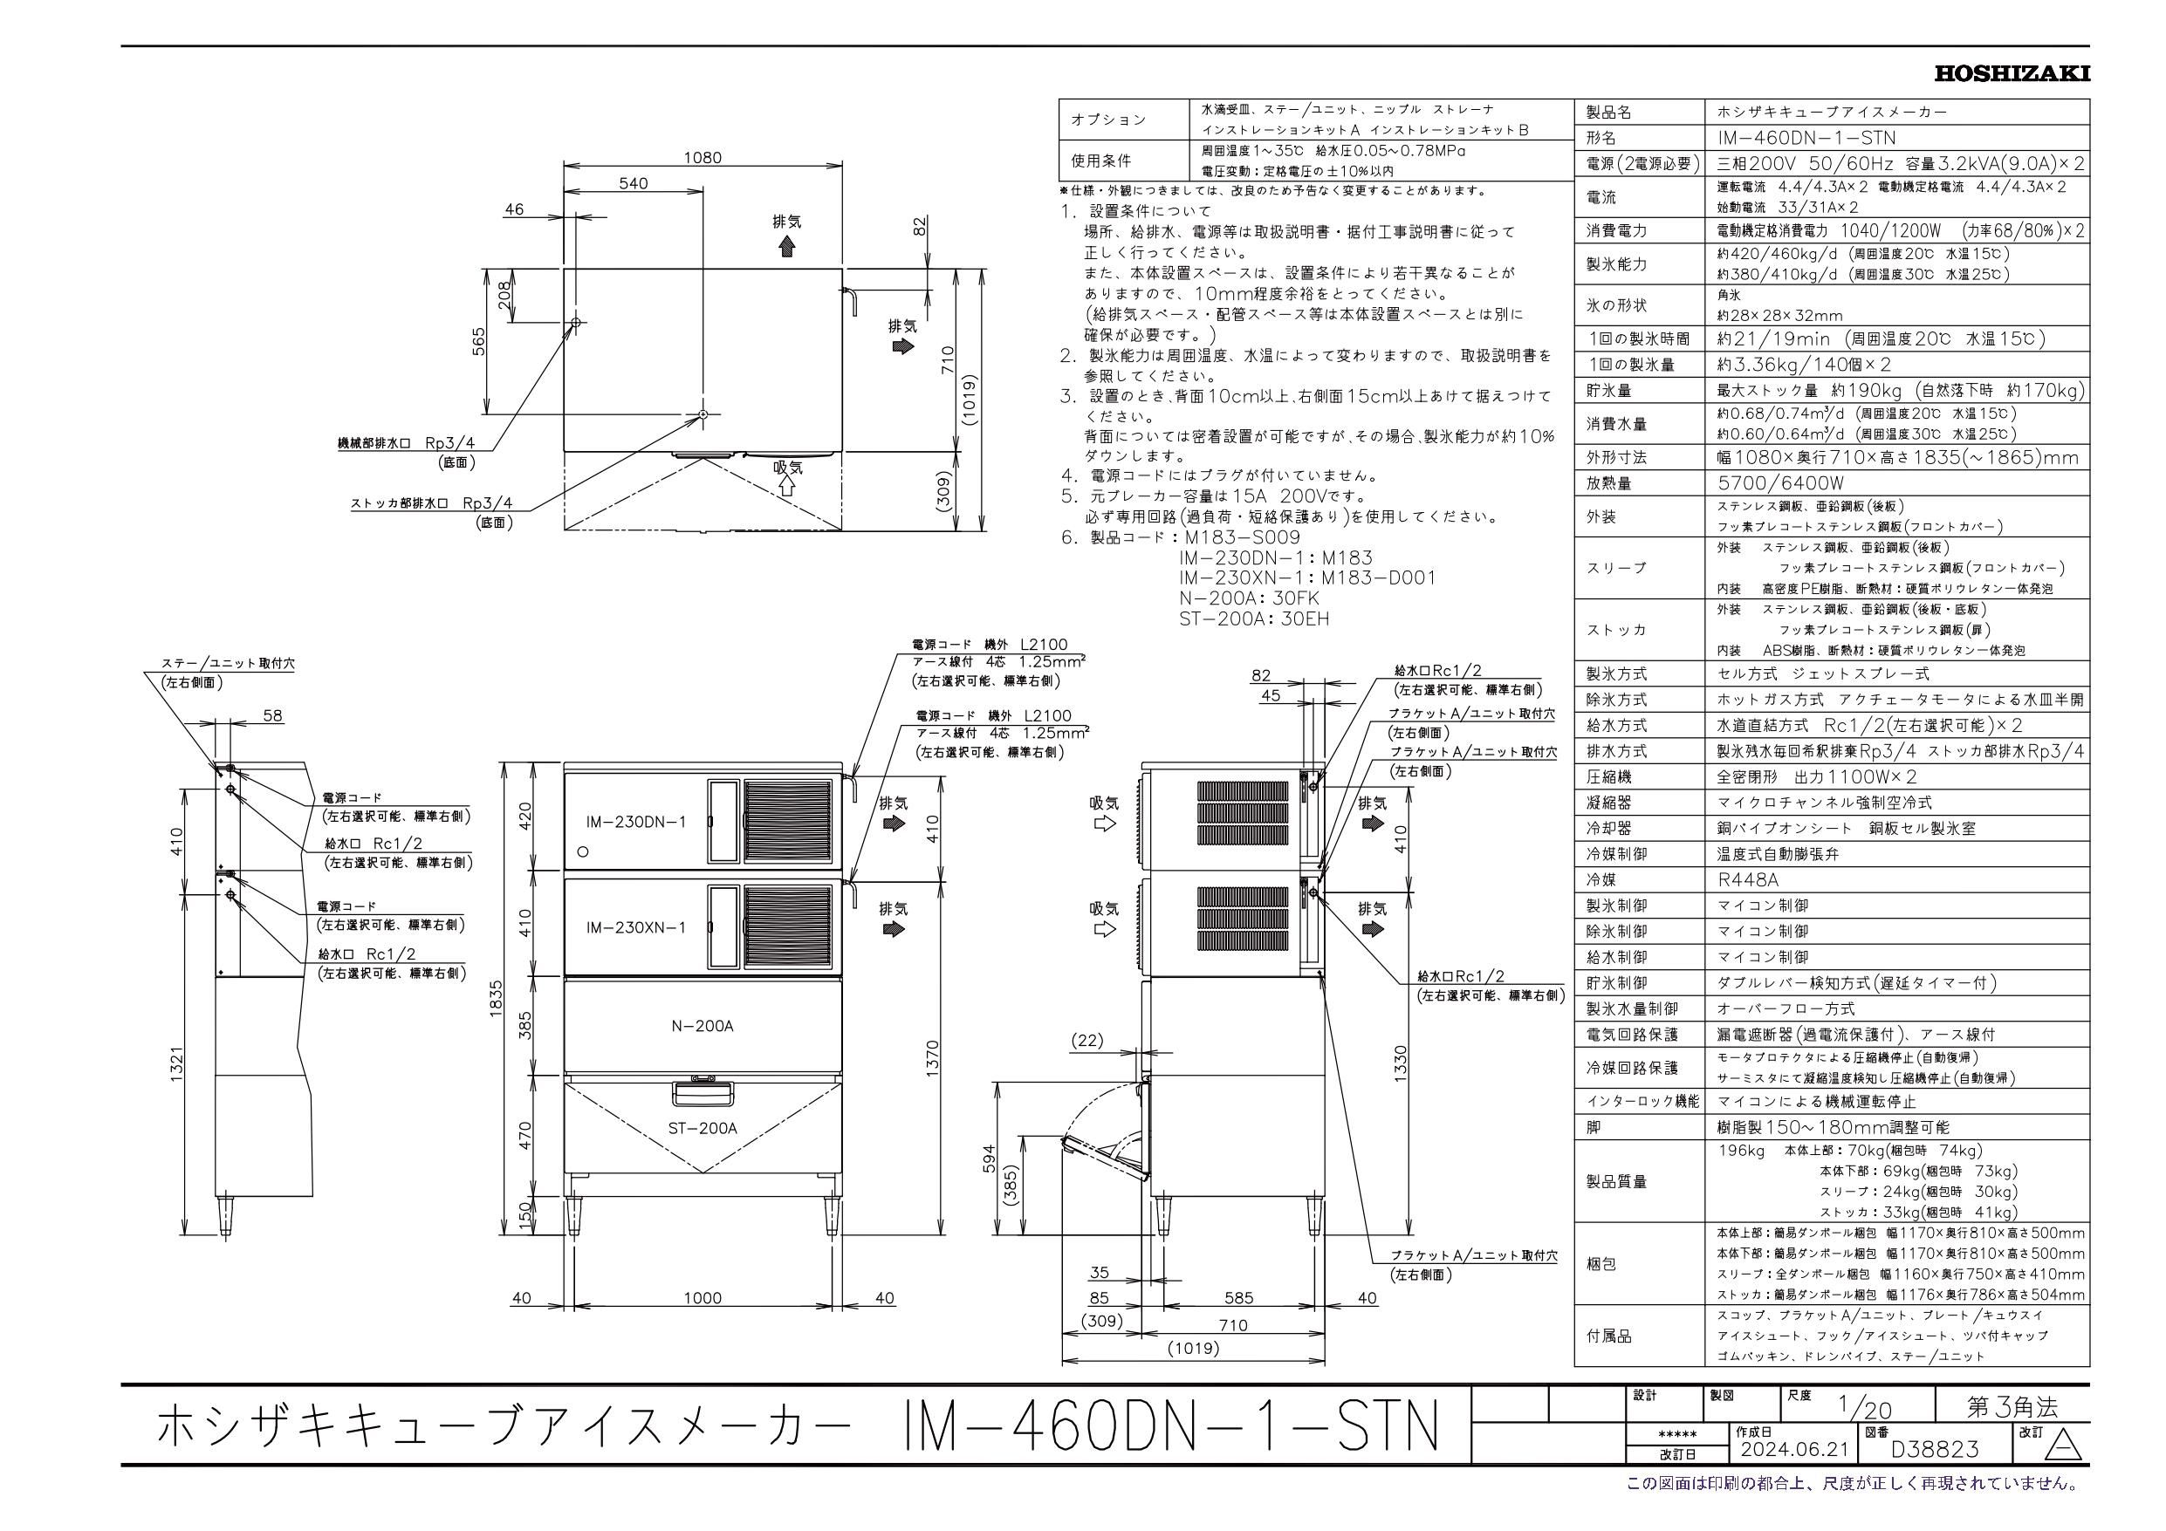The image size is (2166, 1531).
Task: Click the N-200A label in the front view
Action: (702, 1025)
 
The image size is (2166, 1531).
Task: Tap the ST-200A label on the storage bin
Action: (702, 1128)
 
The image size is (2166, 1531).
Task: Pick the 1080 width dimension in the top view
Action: (702, 158)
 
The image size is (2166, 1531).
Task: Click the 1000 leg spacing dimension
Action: (702, 1298)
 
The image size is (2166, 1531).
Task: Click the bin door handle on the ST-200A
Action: (703, 1093)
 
